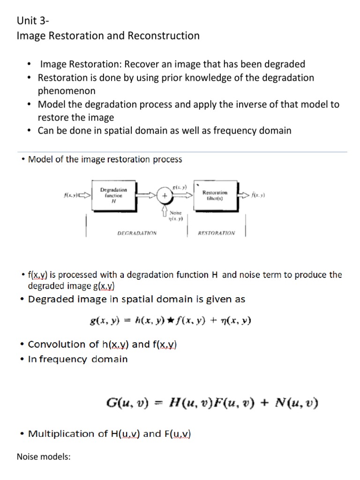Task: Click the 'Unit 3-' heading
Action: (x=33, y=21)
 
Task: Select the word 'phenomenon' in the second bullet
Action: (x=66, y=91)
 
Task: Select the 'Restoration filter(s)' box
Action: (x=215, y=195)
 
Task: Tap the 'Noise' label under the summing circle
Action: (x=175, y=213)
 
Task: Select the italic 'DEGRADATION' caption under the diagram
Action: (x=137, y=232)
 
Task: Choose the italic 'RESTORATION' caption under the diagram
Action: (x=217, y=232)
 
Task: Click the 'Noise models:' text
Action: (x=44, y=457)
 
